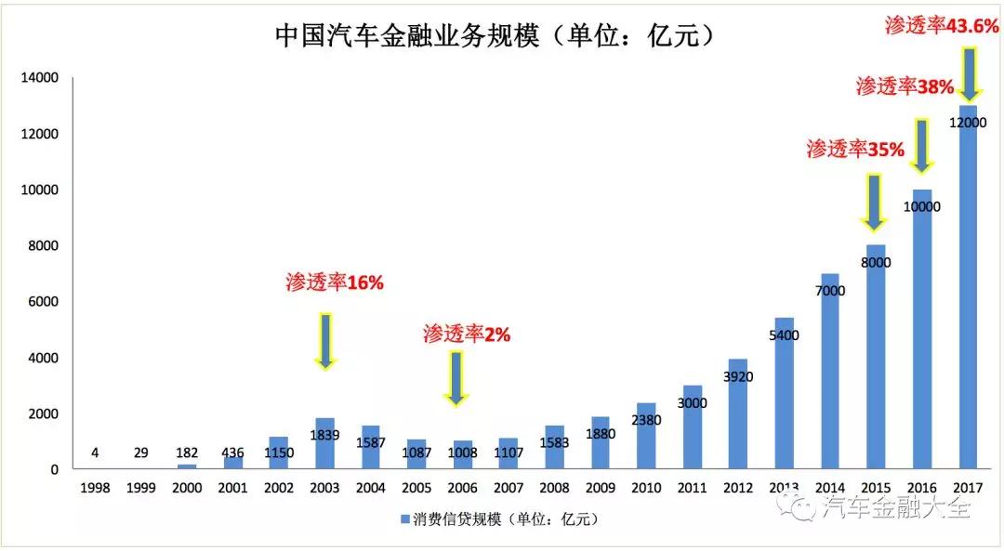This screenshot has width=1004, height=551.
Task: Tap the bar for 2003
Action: [324, 444]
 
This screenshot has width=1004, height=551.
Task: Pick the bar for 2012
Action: [736, 413]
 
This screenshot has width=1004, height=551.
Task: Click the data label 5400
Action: [783, 335]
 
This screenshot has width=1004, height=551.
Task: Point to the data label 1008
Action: [462, 453]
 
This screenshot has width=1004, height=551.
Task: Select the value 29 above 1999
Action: [140, 453]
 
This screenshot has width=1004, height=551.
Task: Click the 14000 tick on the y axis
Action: [39, 78]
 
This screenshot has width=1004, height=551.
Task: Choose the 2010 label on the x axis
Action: [645, 488]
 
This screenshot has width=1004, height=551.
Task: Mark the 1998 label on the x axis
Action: [95, 488]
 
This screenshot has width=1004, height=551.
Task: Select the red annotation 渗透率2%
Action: [467, 334]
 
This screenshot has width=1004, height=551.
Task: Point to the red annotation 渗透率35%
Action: [855, 149]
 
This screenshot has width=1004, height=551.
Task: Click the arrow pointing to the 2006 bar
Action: [456, 377]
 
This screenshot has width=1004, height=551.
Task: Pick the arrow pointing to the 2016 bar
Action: [920, 144]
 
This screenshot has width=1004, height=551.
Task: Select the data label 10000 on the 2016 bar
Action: [920, 206]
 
